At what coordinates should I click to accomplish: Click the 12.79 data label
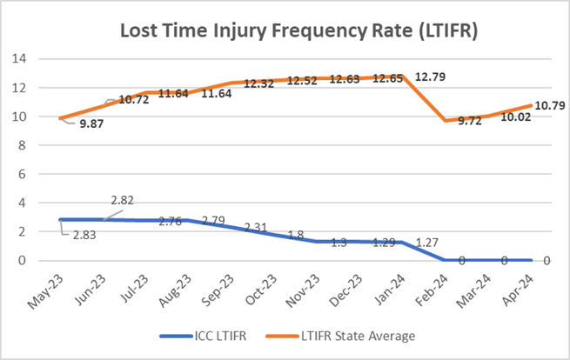[433, 77]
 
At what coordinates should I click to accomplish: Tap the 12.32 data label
[260, 83]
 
